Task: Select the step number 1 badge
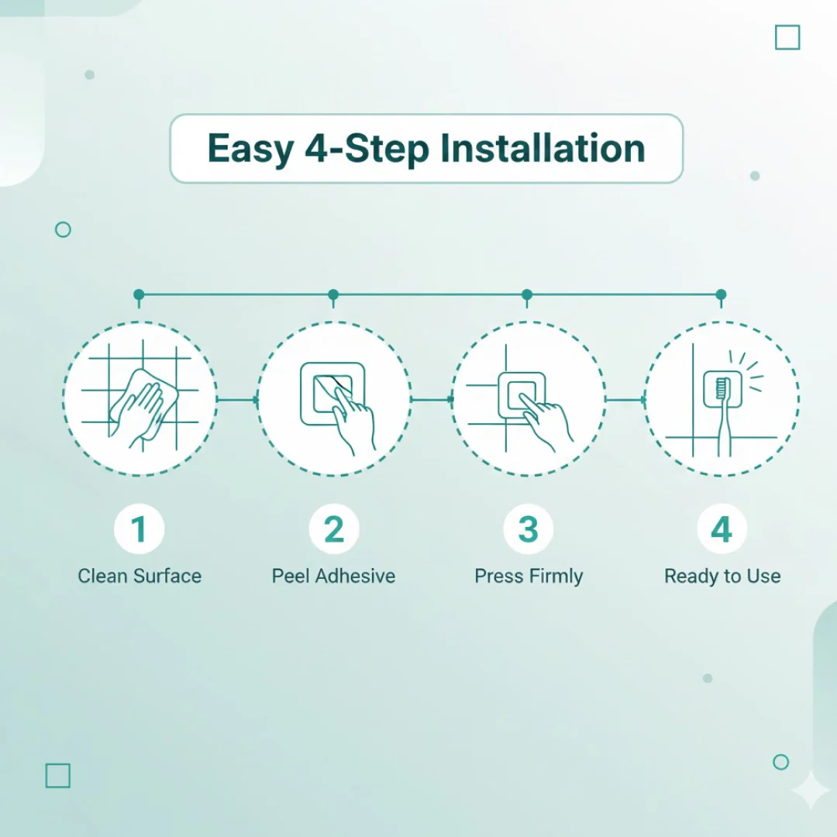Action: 139,529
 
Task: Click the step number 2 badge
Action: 334,529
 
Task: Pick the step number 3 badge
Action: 529,529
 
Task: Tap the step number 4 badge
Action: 722,529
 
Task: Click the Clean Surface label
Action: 139,576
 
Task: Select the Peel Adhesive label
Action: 333,576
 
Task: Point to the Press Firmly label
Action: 529,577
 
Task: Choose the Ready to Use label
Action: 722,577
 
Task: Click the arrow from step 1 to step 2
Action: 238,400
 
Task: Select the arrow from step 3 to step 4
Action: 625,400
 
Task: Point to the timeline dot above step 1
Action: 139,294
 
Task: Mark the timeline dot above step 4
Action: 722,294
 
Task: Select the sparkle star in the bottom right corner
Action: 811,790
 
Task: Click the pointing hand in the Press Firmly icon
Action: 545,422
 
